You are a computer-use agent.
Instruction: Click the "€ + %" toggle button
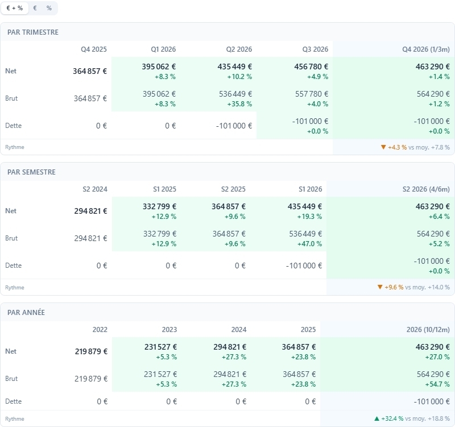(15, 8)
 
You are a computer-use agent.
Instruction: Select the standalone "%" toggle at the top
(49, 8)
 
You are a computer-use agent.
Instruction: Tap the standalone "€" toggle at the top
(35, 8)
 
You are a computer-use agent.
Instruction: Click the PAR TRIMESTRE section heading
(33, 32)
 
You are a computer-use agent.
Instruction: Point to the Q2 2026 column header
(239, 49)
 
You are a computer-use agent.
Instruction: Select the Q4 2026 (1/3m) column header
(425, 49)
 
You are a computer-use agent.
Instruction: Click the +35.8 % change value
(239, 104)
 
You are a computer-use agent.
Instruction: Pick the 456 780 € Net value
(311, 67)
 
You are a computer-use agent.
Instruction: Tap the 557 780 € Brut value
(312, 94)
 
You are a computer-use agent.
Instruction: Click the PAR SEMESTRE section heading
(31, 172)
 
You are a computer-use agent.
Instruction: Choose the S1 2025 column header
(164, 189)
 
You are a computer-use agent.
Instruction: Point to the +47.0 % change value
(309, 244)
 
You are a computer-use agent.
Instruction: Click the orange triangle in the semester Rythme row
(380, 287)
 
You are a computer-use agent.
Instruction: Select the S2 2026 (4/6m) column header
(426, 189)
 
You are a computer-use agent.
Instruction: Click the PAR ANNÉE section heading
(26, 312)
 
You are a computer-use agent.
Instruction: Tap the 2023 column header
(169, 330)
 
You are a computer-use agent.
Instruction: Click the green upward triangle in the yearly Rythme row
(377, 418)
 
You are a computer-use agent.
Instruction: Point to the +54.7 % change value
(437, 384)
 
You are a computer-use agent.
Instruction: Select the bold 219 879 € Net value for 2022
(91, 351)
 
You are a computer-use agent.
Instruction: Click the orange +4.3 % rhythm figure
(397, 147)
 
